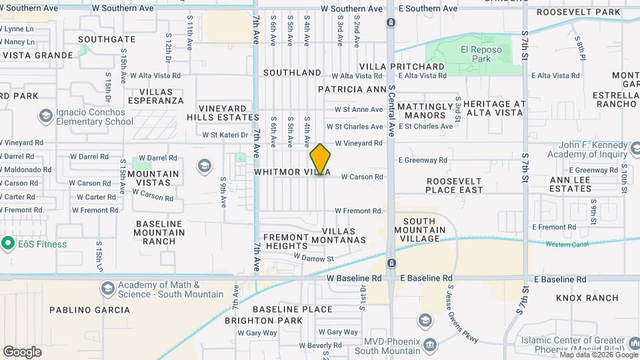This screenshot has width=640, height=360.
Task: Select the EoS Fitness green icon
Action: click(x=8, y=243)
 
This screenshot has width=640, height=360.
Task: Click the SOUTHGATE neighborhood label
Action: click(x=106, y=39)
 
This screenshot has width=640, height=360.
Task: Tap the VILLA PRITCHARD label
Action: click(x=402, y=67)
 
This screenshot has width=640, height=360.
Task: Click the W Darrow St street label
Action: click(x=313, y=259)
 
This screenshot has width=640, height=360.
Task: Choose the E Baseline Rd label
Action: click(x=426, y=278)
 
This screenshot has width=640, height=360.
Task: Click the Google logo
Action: click(x=22, y=351)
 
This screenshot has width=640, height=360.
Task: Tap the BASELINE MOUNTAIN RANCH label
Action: click(x=159, y=233)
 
